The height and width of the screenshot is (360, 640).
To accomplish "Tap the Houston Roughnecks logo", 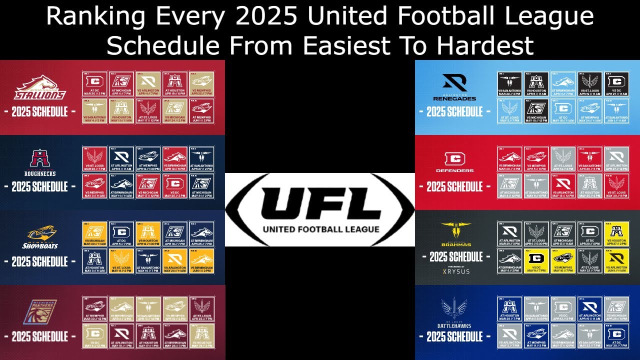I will (37, 158).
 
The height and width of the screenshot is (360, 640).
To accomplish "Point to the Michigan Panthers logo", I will (40, 313).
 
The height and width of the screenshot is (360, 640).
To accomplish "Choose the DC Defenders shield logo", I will (454, 159).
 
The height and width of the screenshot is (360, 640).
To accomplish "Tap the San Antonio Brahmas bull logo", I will (456, 231).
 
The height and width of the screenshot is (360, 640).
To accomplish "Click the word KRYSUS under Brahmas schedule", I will (456, 271).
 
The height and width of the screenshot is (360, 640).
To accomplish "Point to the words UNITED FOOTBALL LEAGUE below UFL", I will (320, 229).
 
